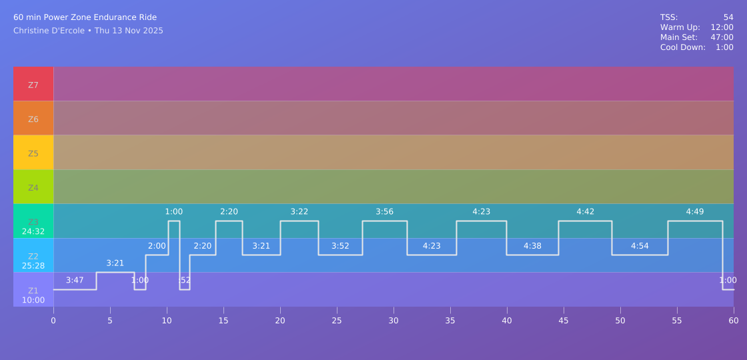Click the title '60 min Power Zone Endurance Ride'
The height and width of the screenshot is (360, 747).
[85, 17]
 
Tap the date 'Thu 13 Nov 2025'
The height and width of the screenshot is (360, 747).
[129, 31]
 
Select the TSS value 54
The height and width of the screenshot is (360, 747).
[728, 17]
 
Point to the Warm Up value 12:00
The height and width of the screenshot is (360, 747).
[722, 27]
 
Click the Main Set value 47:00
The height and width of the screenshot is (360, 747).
[722, 37]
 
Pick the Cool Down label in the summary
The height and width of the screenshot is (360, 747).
[683, 47]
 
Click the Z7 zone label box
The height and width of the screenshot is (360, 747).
[33, 85]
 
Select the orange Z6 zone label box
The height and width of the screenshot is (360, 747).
[33, 119]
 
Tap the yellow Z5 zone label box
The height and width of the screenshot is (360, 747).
[33, 153]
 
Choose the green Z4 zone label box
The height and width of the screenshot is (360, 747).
[33, 187]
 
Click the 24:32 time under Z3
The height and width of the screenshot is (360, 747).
[33, 232]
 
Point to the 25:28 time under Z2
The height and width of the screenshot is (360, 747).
[33, 266]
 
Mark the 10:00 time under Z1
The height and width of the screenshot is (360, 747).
[33, 300]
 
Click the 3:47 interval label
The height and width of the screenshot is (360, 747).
[75, 280]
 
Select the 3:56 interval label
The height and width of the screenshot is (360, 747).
[384, 212]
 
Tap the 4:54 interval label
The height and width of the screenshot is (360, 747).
[640, 246]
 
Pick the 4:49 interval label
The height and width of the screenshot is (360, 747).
[695, 212]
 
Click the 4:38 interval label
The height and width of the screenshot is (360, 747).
[532, 246]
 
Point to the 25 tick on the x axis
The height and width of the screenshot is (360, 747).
[337, 321]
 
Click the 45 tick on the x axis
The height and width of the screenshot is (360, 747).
[564, 321]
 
